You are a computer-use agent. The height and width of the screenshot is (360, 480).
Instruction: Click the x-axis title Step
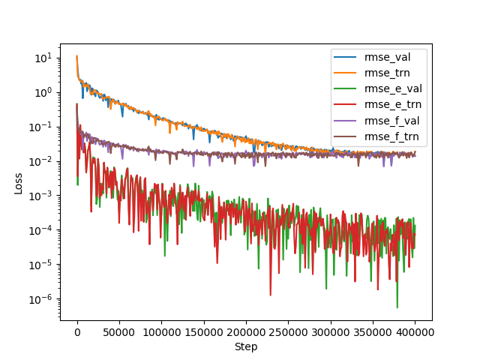pyautogui.click(x=246, y=346)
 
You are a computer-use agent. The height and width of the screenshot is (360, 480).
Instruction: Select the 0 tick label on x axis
pyautogui.click(x=77, y=331)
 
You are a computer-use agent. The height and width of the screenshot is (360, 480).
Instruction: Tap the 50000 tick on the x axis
pyautogui.click(x=119, y=331)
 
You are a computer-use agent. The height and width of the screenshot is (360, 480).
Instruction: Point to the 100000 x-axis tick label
pyautogui.click(x=161, y=331)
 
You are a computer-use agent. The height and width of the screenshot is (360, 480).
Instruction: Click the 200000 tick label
pyautogui.click(x=246, y=331)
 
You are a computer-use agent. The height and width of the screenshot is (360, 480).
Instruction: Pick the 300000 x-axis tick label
pyautogui.click(x=331, y=331)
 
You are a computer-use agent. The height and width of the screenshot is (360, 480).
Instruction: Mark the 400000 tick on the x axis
pyautogui.click(x=415, y=331)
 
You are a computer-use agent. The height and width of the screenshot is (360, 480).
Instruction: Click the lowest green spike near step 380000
pyautogui.click(x=397, y=307)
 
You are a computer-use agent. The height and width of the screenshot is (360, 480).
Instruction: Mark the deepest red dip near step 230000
pyautogui.click(x=271, y=294)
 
